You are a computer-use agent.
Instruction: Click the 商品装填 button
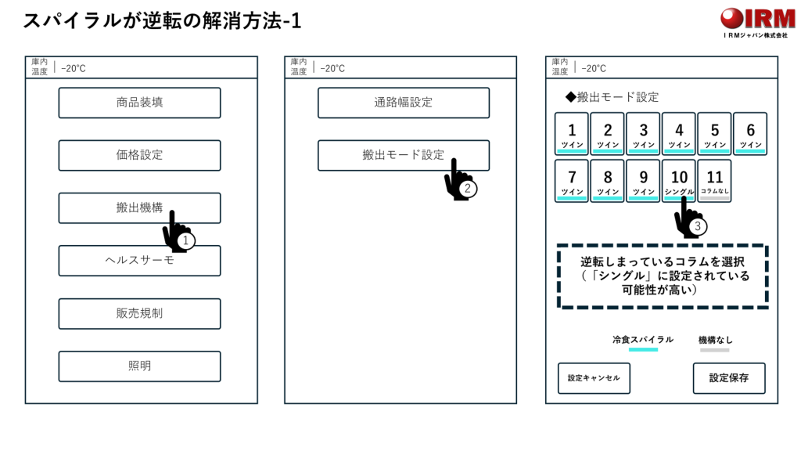pos(139,103)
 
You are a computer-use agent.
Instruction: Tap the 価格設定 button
pos(139,156)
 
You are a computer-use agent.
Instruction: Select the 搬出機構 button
pos(139,208)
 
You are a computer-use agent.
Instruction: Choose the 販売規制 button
pos(139,313)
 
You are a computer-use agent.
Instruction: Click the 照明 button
pos(139,366)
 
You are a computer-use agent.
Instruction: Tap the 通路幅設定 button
pos(404,103)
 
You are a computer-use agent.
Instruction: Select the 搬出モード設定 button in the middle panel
pos(404,156)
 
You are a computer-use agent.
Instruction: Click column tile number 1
pos(572,134)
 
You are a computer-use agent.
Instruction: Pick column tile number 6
pos(750,134)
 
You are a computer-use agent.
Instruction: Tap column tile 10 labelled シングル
pos(679,181)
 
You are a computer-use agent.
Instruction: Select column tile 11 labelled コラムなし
pos(715,181)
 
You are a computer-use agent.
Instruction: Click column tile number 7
pos(572,181)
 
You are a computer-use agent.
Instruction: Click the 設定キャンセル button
pos(594,378)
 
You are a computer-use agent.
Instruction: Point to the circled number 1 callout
pos(185,240)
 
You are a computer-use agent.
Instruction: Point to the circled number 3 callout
pos(697,226)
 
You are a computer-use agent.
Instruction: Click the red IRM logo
pos(757,20)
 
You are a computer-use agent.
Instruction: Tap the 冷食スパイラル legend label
pos(643,340)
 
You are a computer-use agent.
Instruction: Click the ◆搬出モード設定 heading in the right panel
pos(612,97)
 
